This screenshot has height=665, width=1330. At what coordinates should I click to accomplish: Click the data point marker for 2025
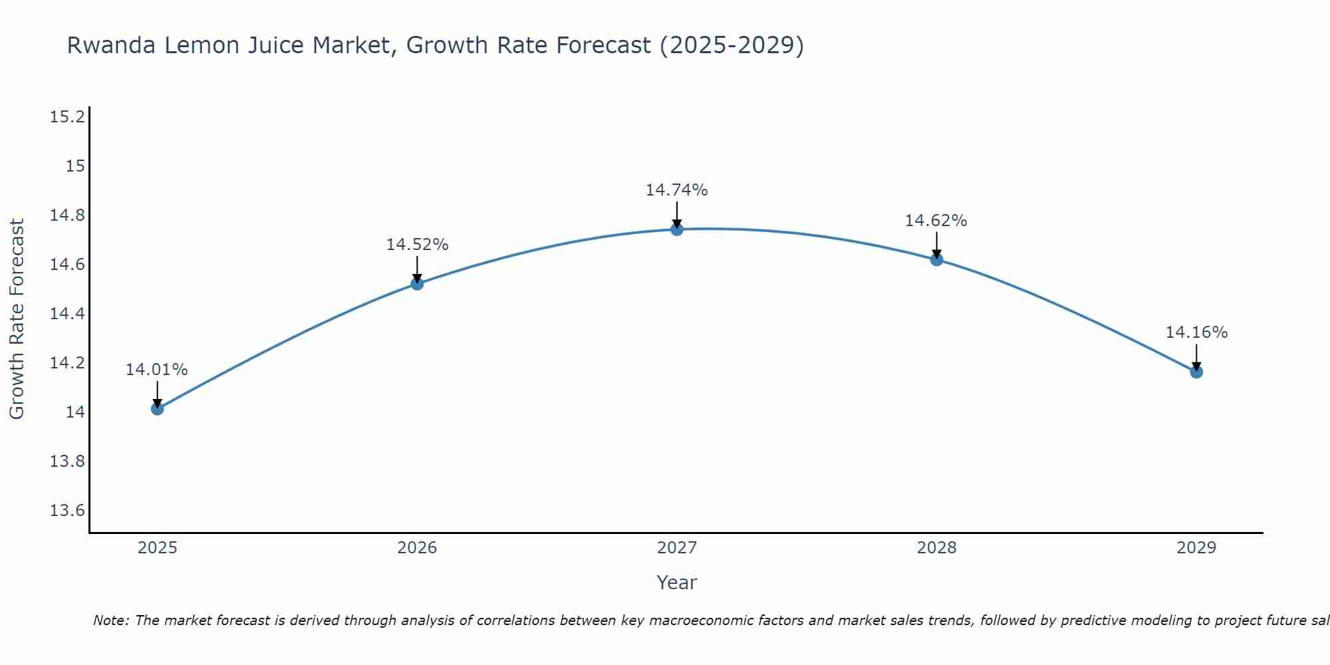157,409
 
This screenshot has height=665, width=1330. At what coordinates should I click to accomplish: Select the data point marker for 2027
677,229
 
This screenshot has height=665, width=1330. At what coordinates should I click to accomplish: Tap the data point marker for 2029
1196,372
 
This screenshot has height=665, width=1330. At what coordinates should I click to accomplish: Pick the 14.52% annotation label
417,245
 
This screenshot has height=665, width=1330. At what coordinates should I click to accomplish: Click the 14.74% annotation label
676,190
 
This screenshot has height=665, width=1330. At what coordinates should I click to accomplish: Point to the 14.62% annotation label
936,221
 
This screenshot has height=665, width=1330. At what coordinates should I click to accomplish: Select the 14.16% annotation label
1196,332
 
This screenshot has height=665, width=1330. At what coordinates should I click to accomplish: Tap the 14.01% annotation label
156,370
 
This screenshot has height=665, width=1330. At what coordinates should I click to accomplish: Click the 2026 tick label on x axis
417,548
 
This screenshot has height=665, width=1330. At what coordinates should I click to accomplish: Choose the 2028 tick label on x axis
936,548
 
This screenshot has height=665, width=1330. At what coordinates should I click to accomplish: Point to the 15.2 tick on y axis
67,117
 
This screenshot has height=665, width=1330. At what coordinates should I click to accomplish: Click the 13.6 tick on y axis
67,511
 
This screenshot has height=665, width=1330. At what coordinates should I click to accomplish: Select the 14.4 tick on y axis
67,314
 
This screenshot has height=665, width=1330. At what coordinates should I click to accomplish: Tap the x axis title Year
676,583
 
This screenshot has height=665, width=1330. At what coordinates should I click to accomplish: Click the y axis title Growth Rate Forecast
17,319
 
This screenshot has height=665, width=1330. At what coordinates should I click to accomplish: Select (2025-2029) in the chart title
731,45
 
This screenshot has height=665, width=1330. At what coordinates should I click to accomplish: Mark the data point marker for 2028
936,259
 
